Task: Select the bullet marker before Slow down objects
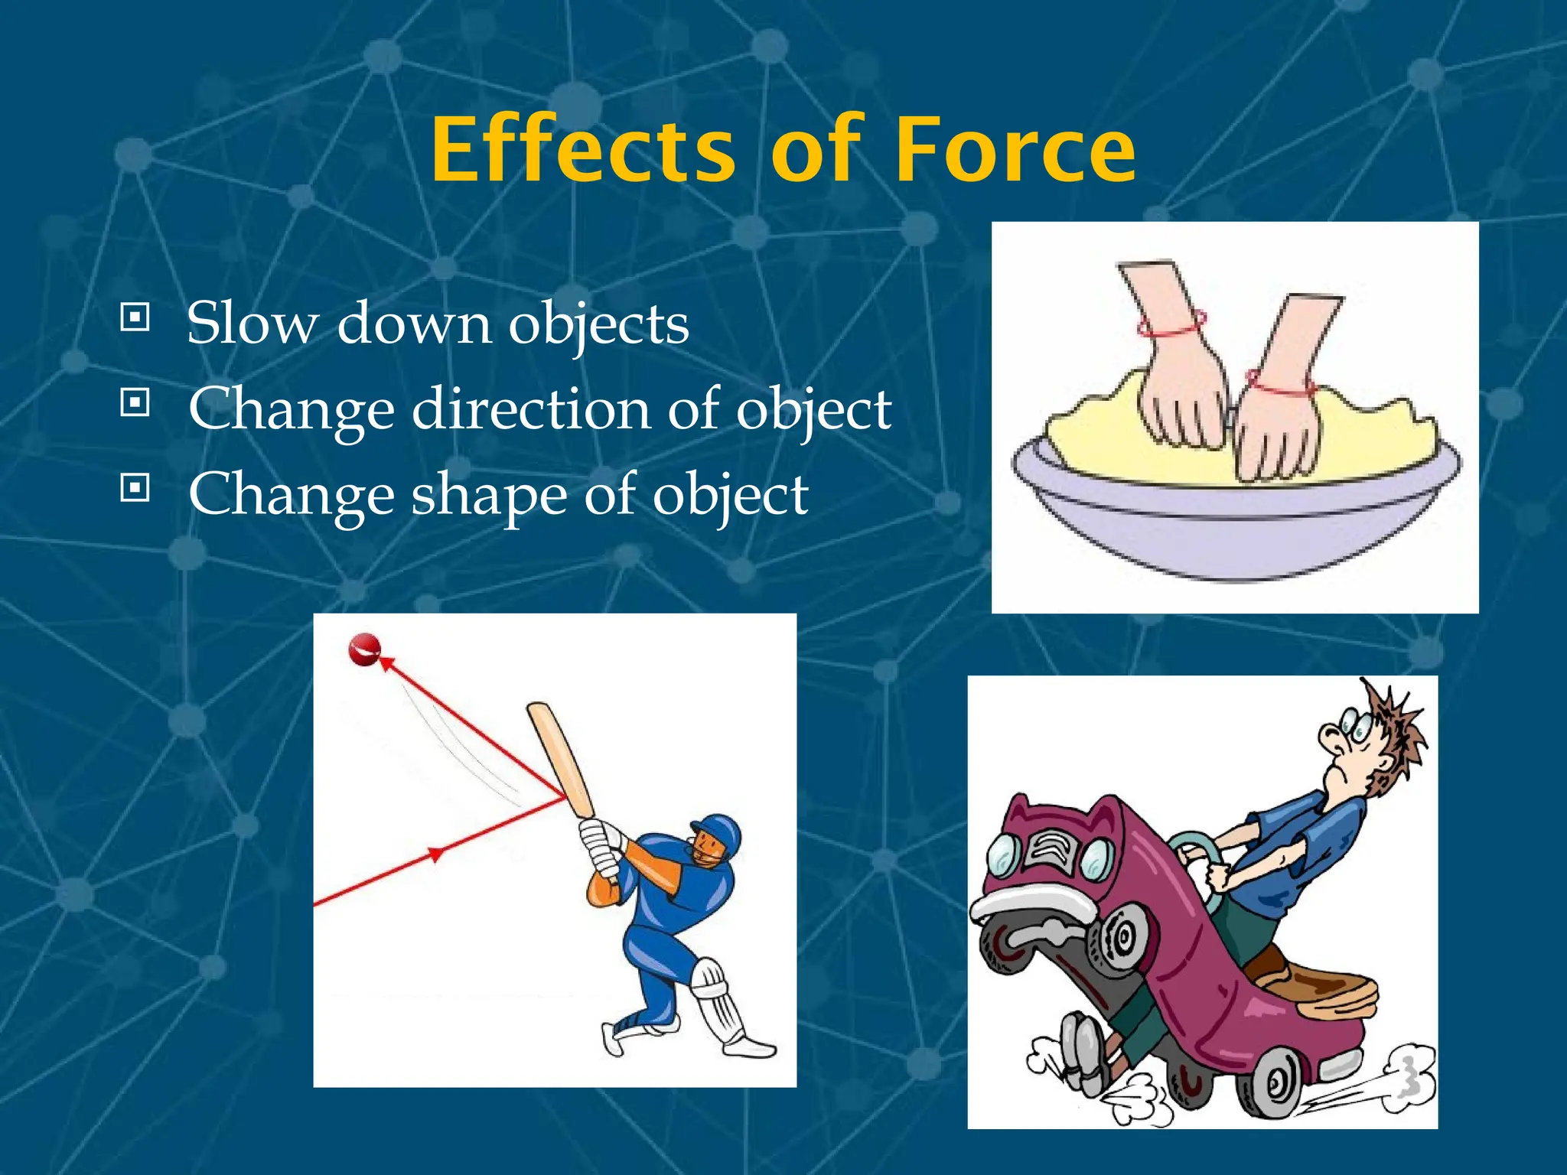point(135,317)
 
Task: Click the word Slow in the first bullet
point(252,323)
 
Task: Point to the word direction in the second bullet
point(532,408)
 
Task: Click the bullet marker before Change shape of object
point(135,487)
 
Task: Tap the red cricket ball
point(364,649)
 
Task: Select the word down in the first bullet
point(413,323)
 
